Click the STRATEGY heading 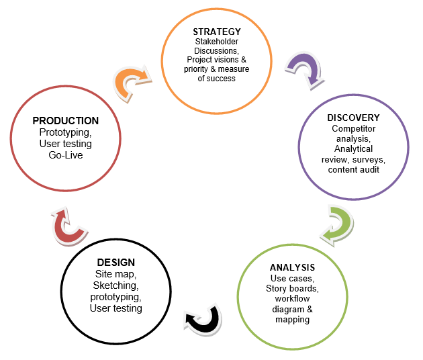[216, 32]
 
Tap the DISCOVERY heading [353, 118]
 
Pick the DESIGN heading [115, 262]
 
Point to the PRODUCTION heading [65, 121]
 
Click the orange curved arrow [133, 83]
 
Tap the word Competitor [353, 128]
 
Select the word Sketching [115, 285]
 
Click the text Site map [115, 274]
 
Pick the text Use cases [292, 278]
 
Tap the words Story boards [292, 289]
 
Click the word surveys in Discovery [368, 159]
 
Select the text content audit [353, 169]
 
